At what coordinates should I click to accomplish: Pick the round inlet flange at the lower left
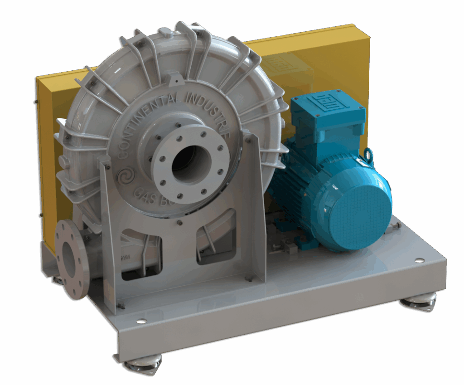[x=70, y=258]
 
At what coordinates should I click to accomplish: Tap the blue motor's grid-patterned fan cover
[x=360, y=209]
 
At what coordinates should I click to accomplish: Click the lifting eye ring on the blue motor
[x=368, y=156]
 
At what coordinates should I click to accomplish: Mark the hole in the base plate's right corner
[x=420, y=260]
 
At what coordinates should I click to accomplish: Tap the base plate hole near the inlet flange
[x=141, y=321]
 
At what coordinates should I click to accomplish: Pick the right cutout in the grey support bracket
[x=215, y=236]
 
